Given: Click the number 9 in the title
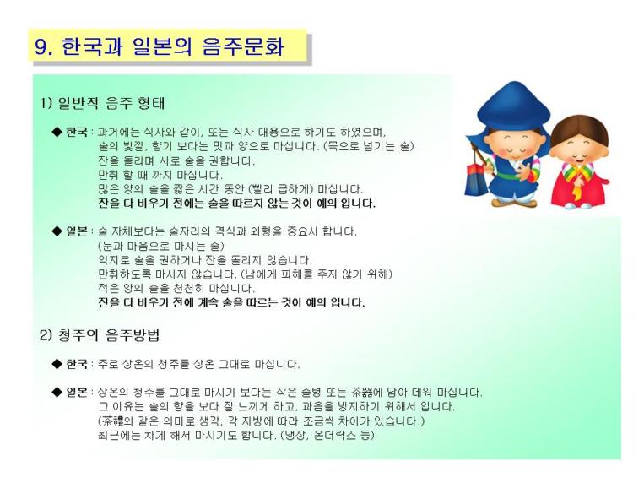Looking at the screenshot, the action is click(41, 46).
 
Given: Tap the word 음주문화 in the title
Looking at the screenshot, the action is click(243, 46).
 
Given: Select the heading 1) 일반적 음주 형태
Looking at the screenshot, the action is click(102, 103).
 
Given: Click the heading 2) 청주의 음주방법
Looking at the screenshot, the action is click(100, 335).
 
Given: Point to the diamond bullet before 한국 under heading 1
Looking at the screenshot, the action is click(57, 132).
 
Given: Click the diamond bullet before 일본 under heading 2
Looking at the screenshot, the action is click(57, 392).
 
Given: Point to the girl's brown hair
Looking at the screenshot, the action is click(579, 128).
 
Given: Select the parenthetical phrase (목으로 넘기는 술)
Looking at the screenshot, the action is click(368, 146).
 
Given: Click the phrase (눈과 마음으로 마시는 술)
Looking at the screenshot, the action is click(161, 247).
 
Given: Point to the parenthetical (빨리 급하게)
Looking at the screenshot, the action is click(281, 189).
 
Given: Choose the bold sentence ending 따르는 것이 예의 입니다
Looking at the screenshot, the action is click(231, 303).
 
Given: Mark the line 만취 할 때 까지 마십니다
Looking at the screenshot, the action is click(160, 175).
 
